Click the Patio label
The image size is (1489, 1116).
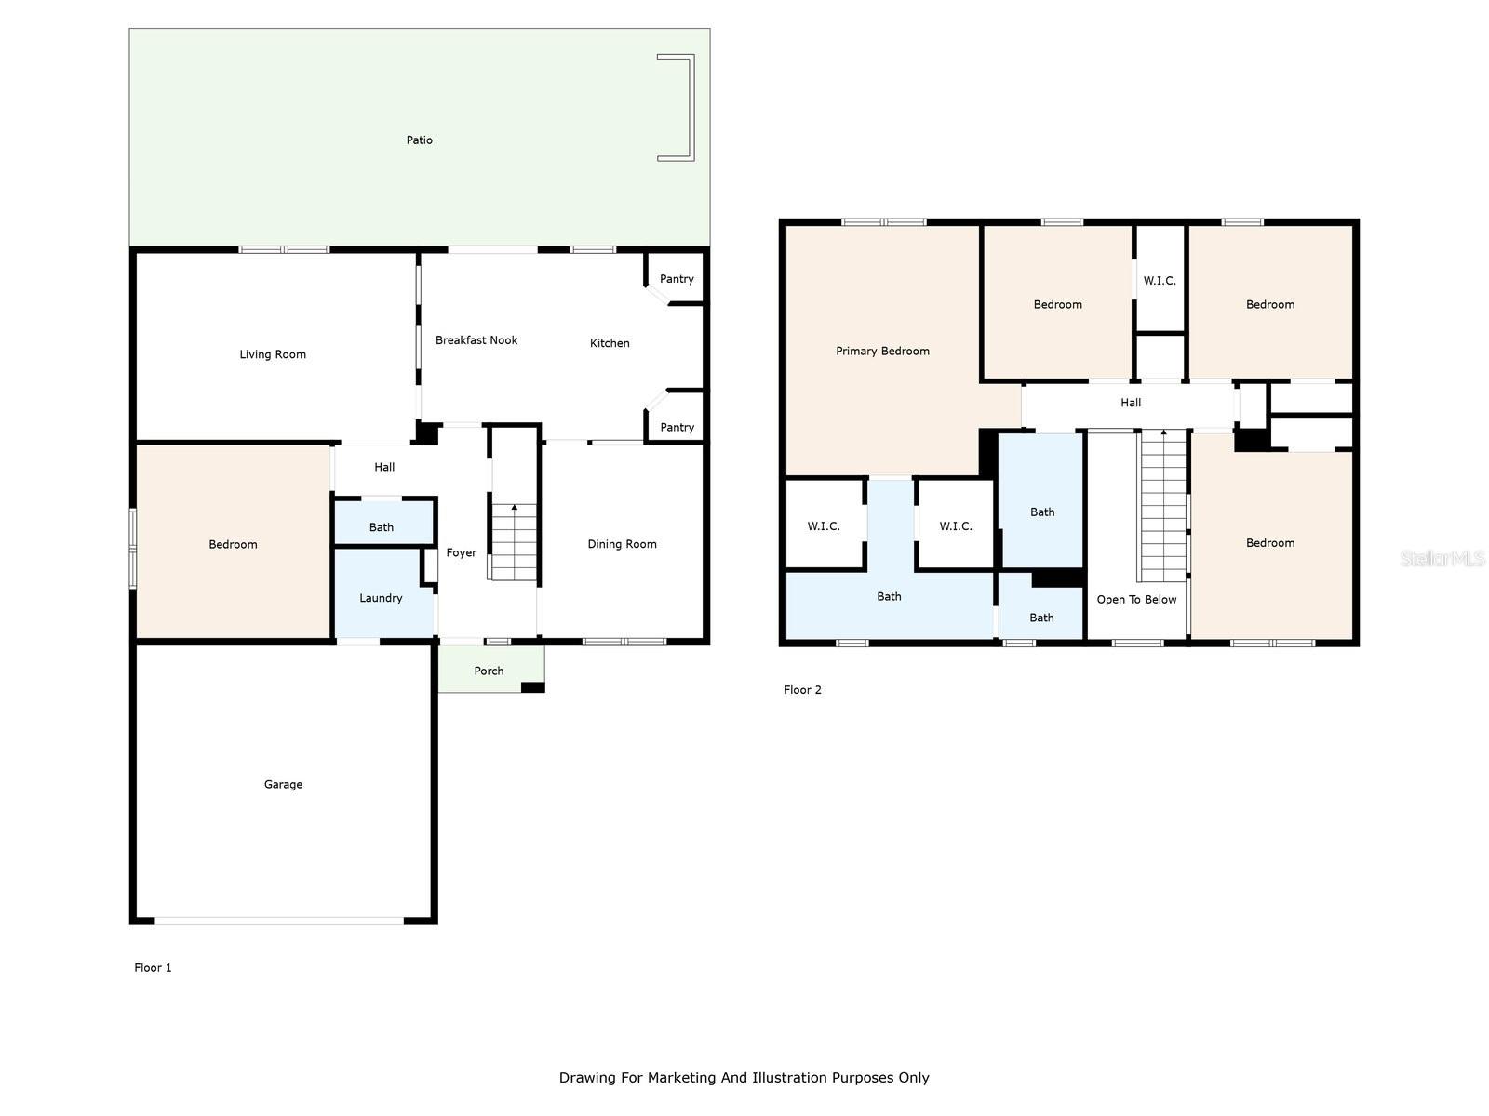[x=419, y=140]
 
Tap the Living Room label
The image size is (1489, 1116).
[x=273, y=354]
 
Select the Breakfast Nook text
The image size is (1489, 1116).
[x=476, y=340]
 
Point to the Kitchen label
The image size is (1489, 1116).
[x=610, y=343]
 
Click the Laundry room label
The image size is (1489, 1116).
[x=381, y=598]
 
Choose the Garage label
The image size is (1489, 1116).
[x=283, y=784]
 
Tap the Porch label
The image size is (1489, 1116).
[x=489, y=671]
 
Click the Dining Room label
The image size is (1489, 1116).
[x=622, y=544]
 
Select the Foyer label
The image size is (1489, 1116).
[x=462, y=553]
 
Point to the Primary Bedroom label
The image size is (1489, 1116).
[x=882, y=351]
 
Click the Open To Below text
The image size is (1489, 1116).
[x=1136, y=600]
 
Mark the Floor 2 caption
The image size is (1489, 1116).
[x=802, y=690]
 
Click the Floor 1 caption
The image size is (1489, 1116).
[x=153, y=967]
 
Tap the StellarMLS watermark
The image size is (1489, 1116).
[x=1442, y=558]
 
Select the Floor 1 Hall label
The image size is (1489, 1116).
[x=384, y=467]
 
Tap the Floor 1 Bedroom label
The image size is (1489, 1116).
[x=233, y=544]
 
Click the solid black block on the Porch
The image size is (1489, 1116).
[x=532, y=688]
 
